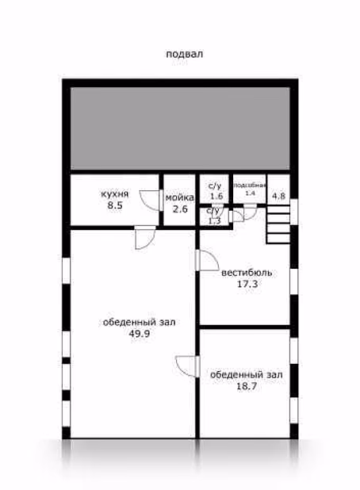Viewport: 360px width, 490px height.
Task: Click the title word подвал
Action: pyautogui.click(x=185, y=54)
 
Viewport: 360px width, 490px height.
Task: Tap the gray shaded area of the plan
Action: pyautogui.click(x=180, y=128)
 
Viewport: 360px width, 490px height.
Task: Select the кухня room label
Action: pyautogui.click(x=115, y=193)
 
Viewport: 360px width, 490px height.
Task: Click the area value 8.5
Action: pyautogui.click(x=115, y=206)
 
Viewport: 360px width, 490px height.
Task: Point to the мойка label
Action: pyautogui.click(x=180, y=197)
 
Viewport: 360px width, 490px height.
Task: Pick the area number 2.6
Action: pyautogui.click(x=180, y=209)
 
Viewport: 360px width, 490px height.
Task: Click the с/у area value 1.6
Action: pyautogui.click(x=216, y=197)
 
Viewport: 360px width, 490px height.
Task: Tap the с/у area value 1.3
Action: pyautogui.click(x=214, y=220)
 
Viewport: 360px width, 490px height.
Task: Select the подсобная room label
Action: pyautogui.click(x=250, y=186)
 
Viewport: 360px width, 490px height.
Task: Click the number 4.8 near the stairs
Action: pyautogui.click(x=278, y=197)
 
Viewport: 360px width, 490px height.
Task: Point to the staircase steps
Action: pyautogui.click(x=278, y=224)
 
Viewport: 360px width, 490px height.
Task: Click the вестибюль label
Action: pyautogui.click(x=247, y=273)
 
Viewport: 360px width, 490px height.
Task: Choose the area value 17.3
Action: pyautogui.click(x=247, y=284)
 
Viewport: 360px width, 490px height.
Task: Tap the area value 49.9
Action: pyautogui.click(x=140, y=334)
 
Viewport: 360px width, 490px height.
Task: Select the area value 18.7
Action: pyautogui.click(x=247, y=386)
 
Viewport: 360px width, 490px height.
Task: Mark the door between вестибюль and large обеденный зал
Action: pyautogui.click(x=207, y=260)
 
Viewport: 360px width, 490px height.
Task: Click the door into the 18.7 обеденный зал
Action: pyautogui.click(x=187, y=366)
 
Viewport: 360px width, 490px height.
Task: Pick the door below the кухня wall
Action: pyautogui.click(x=145, y=238)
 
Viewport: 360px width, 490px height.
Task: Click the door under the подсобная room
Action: pyautogui.click(x=250, y=212)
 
